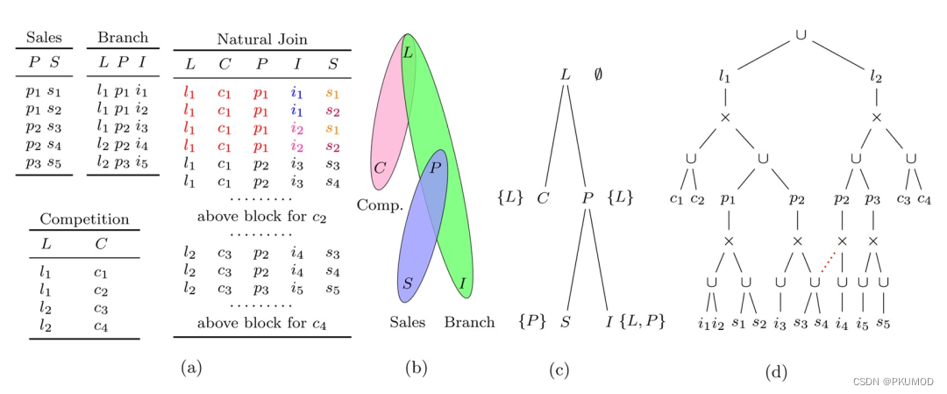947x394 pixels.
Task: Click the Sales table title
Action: point(44,38)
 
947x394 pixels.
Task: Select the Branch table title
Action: point(122,38)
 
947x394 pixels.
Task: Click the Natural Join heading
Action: point(261,39)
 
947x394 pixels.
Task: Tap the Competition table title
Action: point(84,219)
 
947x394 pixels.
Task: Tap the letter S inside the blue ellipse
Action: point(408,283)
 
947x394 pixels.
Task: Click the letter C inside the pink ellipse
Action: point(380,167)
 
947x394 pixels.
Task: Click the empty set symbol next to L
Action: point(598,75)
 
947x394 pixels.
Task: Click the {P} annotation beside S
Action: point(533,322)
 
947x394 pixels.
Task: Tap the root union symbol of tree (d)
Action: point(801,34)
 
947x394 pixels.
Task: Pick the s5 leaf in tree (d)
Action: point(883,326)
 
